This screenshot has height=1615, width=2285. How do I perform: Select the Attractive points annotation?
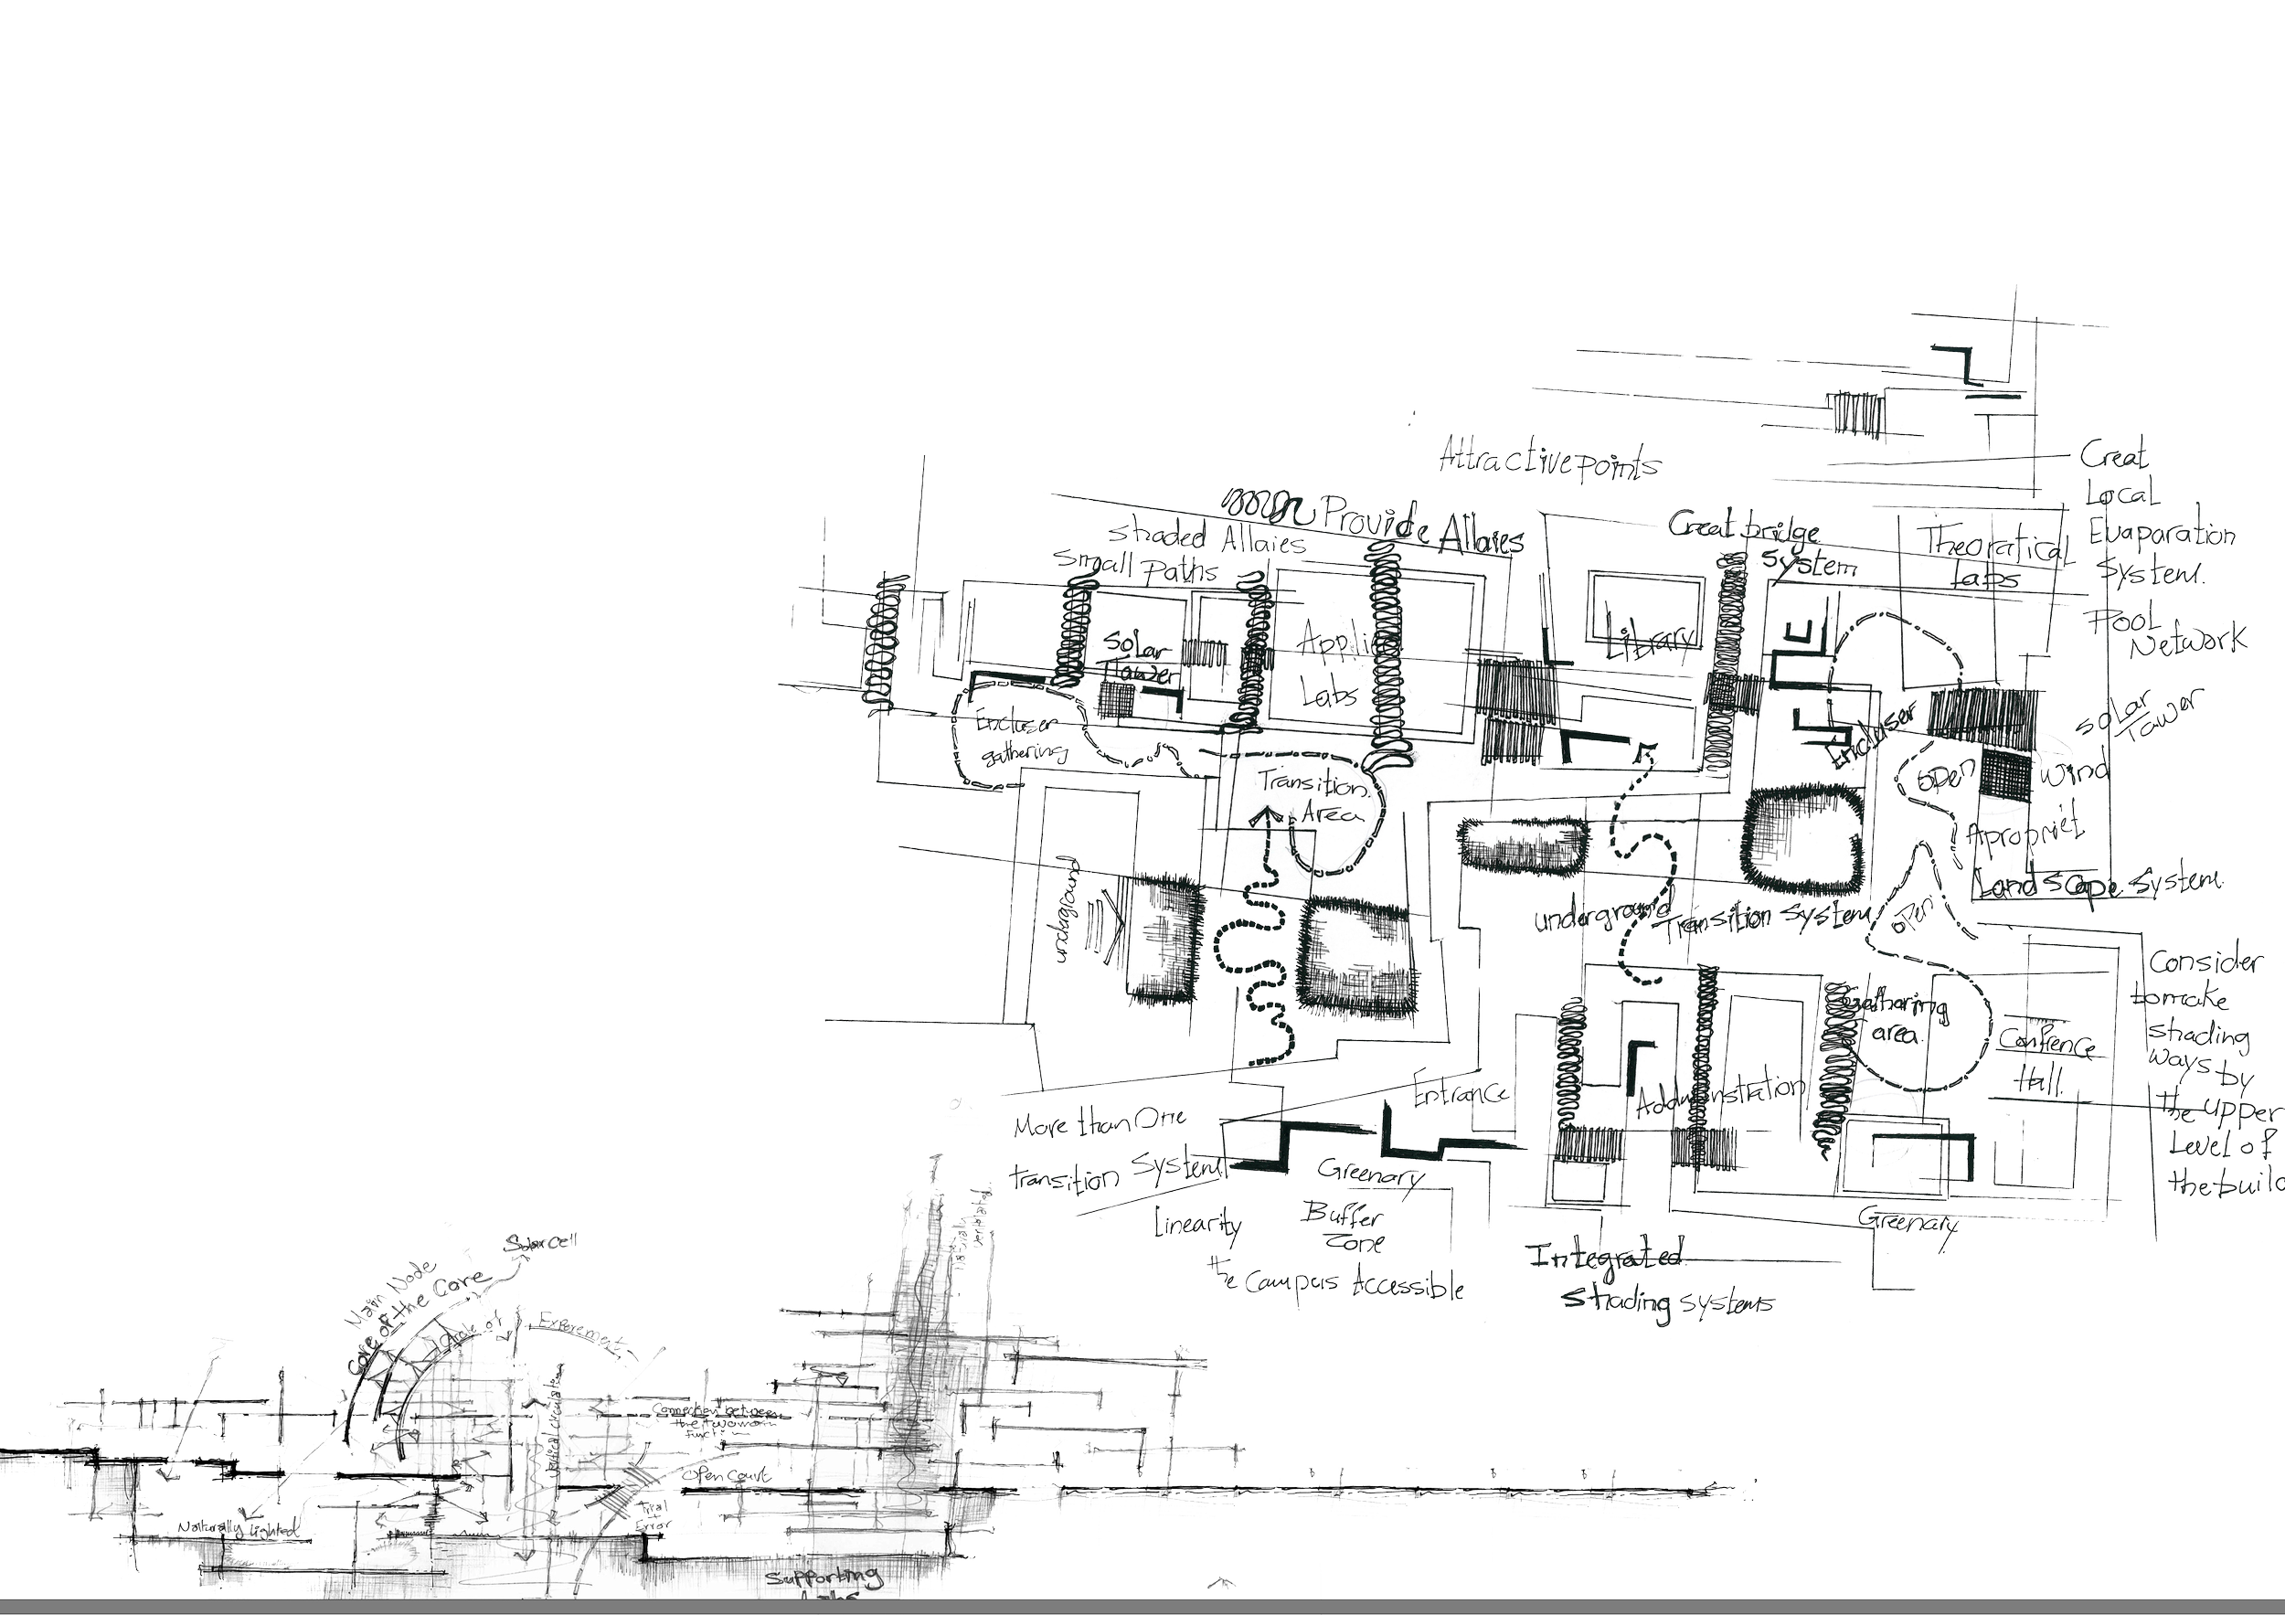tap(1550, 461)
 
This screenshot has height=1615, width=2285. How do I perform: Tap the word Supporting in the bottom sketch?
tap(825, 1579)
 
